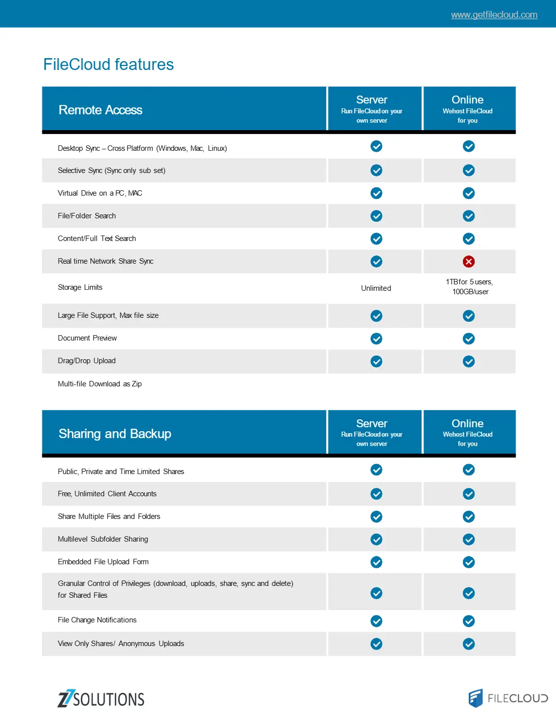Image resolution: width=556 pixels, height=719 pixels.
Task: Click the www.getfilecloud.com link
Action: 494,15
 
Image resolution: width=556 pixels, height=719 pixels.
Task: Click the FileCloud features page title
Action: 108,65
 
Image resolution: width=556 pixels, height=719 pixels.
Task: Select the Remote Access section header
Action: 101,110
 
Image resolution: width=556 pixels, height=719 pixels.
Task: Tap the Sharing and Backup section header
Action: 115,434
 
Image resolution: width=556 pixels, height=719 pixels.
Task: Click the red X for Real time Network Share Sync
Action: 469,262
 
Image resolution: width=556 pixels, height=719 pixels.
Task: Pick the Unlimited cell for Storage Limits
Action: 376,288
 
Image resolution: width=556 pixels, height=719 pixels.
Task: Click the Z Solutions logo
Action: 101,699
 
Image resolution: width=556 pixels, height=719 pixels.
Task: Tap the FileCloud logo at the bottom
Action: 508,698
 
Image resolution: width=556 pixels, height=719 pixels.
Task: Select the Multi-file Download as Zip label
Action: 100,384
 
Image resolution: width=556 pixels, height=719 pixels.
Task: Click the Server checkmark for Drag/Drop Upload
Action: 377,362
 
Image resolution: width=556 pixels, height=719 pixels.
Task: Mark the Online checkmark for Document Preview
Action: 469,339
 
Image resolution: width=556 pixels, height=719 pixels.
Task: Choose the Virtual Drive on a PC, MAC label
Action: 100,193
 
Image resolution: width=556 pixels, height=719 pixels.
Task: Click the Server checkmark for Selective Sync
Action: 377,171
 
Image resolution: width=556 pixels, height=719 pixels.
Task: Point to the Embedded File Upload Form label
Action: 103,562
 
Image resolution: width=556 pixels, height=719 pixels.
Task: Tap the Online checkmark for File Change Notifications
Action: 469,621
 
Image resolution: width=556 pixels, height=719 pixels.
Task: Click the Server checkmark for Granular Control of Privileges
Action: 377,593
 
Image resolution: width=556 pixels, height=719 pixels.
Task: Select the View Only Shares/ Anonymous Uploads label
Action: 121,644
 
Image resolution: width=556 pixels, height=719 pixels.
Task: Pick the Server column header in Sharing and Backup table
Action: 372,432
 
